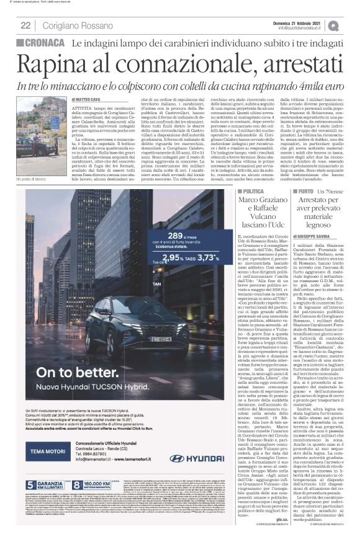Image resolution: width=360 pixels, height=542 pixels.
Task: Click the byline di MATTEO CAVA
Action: coord(87,99)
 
